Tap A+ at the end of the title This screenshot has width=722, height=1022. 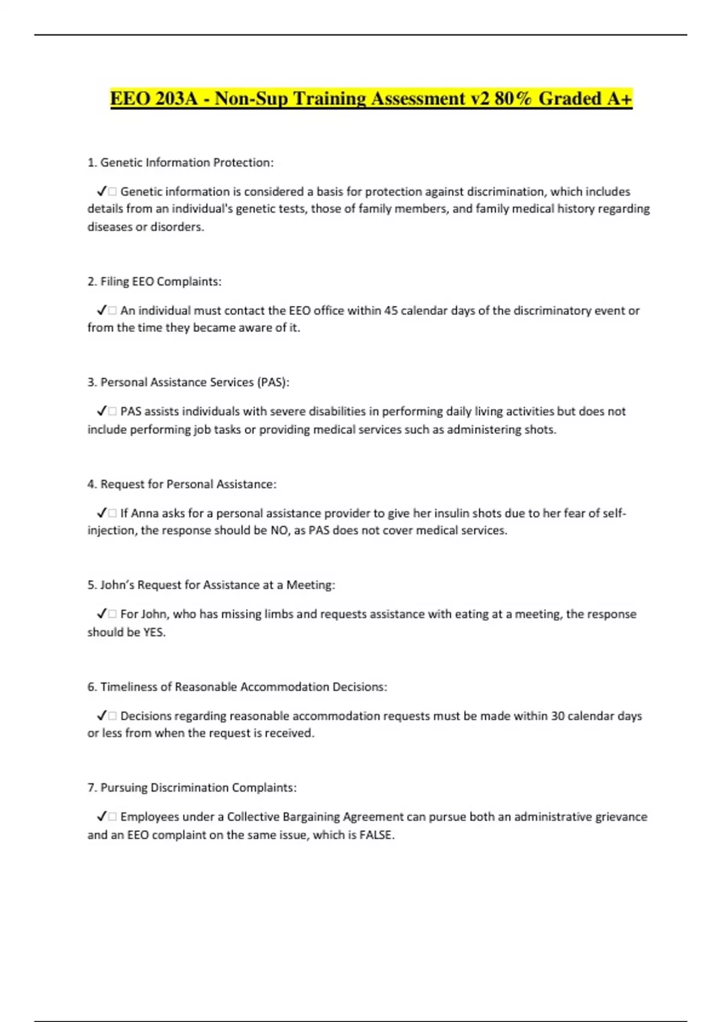point(619,99)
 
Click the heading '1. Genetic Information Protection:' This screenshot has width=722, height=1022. point(180,162)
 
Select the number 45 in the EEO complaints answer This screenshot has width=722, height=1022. point(391,311)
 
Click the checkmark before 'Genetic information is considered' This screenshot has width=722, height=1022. point(101,192)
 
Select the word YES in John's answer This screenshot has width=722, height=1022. point(153,632)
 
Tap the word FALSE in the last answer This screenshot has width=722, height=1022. point(376,835)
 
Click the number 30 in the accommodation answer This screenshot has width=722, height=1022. point(558,716)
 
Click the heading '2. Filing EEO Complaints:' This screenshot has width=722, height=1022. point(155,281)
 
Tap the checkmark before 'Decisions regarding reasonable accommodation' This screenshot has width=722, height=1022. point(101,716)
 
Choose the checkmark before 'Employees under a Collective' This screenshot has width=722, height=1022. point(101,817)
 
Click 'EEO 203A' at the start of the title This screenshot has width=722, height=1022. point(154,99)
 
